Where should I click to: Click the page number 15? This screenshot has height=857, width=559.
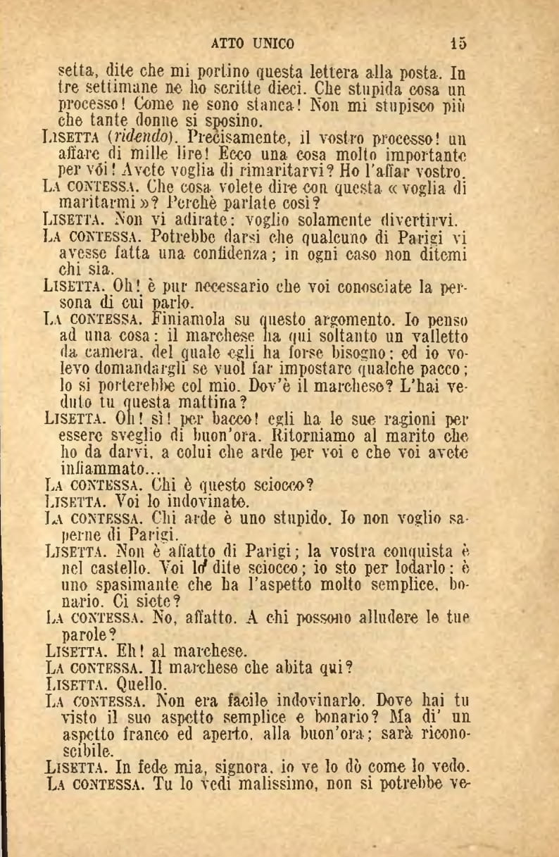[x=459, y=44]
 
